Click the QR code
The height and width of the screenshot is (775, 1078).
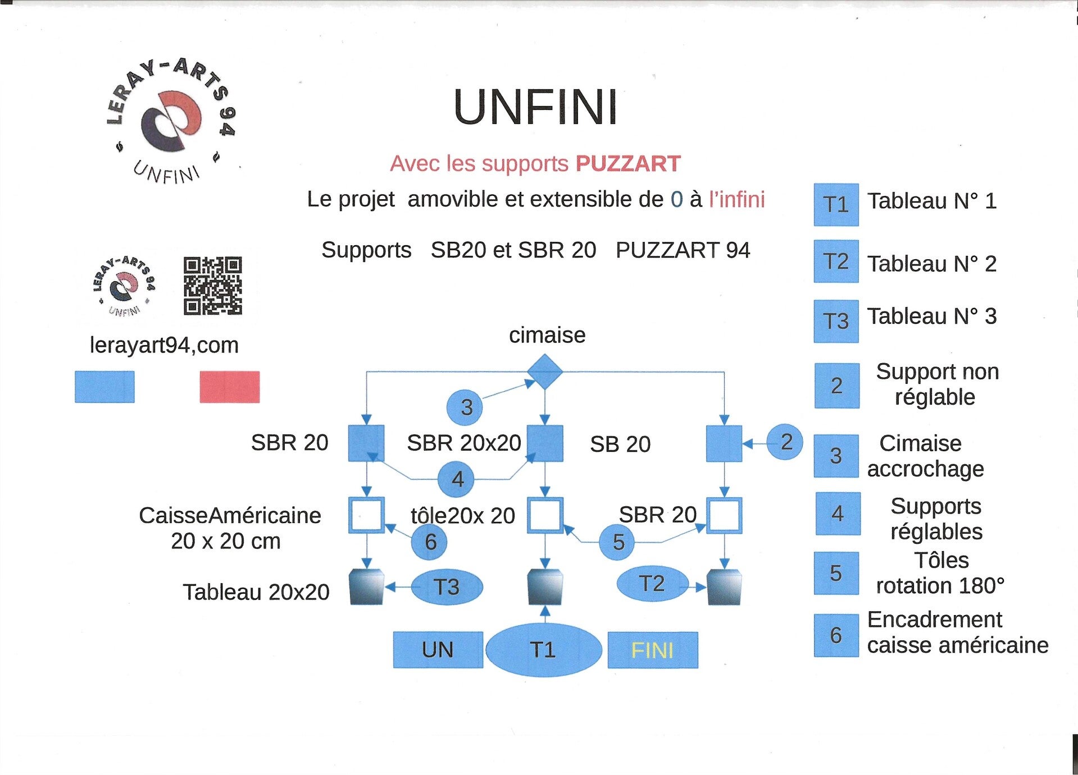[x=213, y=286]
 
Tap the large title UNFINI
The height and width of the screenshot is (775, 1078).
[x=535, y=107]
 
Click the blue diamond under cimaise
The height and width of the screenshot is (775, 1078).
[x=544, y=372]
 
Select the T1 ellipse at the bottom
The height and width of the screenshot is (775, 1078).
[x=543, y=650]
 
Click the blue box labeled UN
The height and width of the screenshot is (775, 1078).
[x=438, y=650]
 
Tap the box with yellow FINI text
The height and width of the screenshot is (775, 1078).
[x=653, y=650]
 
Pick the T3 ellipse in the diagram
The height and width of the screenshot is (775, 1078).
[x=447, y=587]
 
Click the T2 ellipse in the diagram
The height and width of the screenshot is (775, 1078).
[x=652, y=584]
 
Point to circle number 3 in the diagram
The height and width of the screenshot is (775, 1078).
[x=465, y=407]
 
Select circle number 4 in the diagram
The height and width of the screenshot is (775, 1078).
[x=456, y=479]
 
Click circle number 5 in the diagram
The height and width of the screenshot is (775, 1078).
[x=617, y=542]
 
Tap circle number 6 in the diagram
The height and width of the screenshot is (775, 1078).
[x=429, y=542]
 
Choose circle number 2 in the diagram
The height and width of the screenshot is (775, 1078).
[x=785, y=442]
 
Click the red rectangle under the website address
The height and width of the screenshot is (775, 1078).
[x=230, y=387]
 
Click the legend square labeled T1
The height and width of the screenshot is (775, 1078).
[x=836, y=205]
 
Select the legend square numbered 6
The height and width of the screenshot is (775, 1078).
[x=836, y=635]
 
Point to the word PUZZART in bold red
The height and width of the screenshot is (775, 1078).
[x=628, y=164]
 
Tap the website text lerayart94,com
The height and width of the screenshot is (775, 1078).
[x=164, y=345]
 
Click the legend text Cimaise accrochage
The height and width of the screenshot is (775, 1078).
[x=925, y=456]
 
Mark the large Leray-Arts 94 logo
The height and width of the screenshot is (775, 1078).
[x=171, y=121]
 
